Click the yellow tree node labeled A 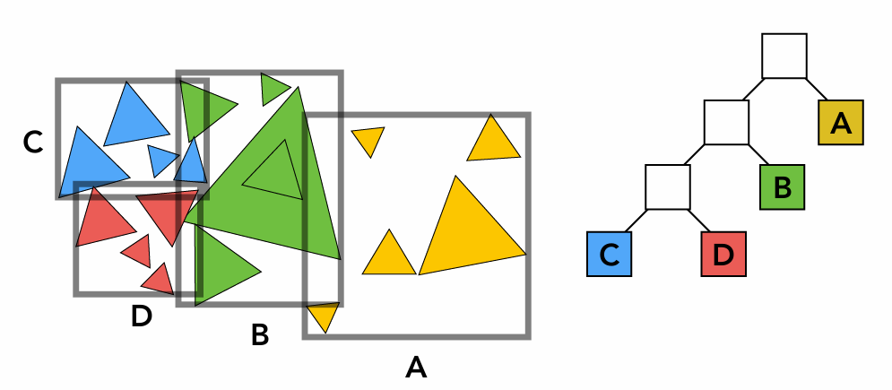tap(841, 123)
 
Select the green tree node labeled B tap(782, 187)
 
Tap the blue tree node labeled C tap(610, 254)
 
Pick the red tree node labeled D tap(723, 254)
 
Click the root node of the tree tap(784, 56)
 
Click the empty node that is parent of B tap(726, 122)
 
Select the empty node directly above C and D tap(668, 186)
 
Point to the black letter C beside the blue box tap(33, 142)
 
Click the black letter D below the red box tap(141, 316)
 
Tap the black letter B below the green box tap(260, 335)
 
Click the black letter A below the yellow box tap(415, 367)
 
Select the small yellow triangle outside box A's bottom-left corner tap(323, 316)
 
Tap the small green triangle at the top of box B tap(272, 88)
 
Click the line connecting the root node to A tap(818, 90)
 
